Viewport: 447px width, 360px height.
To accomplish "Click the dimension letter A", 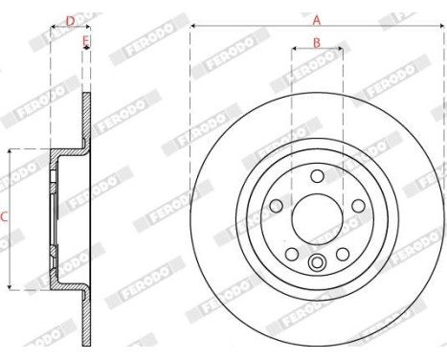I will click(x=316, y=18).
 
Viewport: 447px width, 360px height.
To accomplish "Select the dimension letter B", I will click(x=316, y=43).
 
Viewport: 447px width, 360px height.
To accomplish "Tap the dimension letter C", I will click(x=4, y=217).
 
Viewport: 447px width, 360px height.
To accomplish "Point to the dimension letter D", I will click(x=69, y=18).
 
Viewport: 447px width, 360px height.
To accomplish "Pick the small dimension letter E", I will click(x=86, y=41).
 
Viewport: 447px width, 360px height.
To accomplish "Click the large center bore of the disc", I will click(x=316, y=216).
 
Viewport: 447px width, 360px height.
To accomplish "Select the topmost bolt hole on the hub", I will click(x=316, y=174).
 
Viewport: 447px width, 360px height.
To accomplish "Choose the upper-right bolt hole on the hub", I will click(x=356, y=204).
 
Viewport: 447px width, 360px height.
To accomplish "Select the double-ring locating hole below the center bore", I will click(x=316, y=262).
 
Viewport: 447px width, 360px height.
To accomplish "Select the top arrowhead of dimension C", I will click(x=11, y=151).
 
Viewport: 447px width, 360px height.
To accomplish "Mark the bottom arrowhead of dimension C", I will click(x=11, y=286).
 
